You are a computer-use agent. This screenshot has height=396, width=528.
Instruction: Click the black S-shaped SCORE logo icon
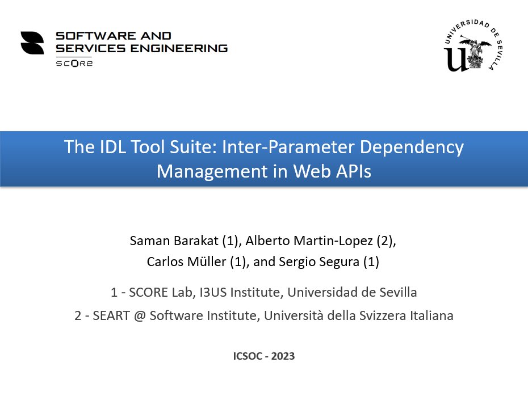click(x=32, y=43)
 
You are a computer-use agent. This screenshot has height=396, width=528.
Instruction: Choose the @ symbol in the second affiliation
click(x=138, y=316)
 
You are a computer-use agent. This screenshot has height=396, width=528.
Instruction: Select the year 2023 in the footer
click(x=283, y=357)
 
